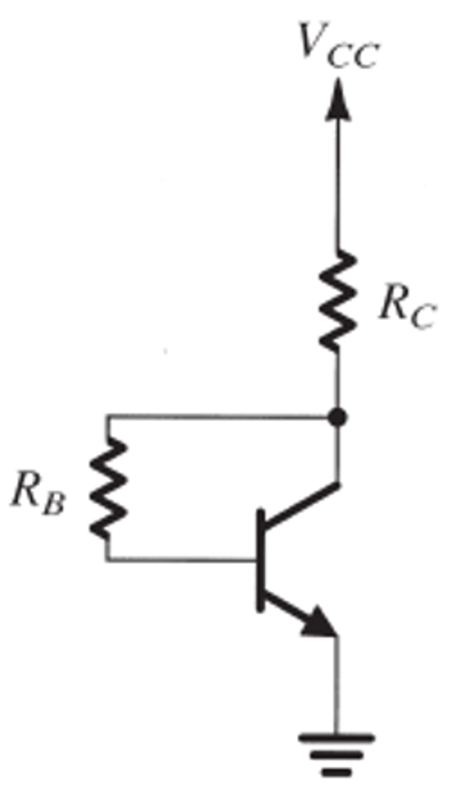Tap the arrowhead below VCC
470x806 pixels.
tap(337, 95)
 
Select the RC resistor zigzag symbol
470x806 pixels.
tap(337, 302)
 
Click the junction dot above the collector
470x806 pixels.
tap(337, 417)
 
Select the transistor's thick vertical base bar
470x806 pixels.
tap(261, 560)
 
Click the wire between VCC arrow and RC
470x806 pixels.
tap(337, 181)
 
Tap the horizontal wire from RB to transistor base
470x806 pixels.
tap(181, 559)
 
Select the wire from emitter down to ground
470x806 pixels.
tap(337, 684)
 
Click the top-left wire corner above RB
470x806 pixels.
tap(107, 417)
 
